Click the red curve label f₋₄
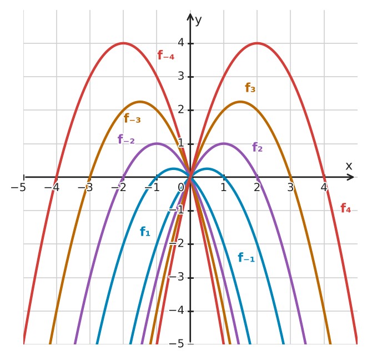166,56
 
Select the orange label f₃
250,88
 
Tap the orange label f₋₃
132,118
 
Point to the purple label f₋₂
126,139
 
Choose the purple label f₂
258,147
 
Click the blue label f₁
145,232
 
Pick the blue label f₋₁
246,257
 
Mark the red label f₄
346,208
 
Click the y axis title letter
198,21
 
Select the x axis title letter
349,166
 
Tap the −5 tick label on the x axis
18,188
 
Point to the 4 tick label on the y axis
180,43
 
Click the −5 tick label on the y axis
176,344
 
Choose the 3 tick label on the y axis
180,76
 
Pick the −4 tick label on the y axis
176,311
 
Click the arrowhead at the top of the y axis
190,17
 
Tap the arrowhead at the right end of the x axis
350,177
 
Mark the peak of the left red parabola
123,43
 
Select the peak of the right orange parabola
240,102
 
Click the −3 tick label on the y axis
176,277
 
